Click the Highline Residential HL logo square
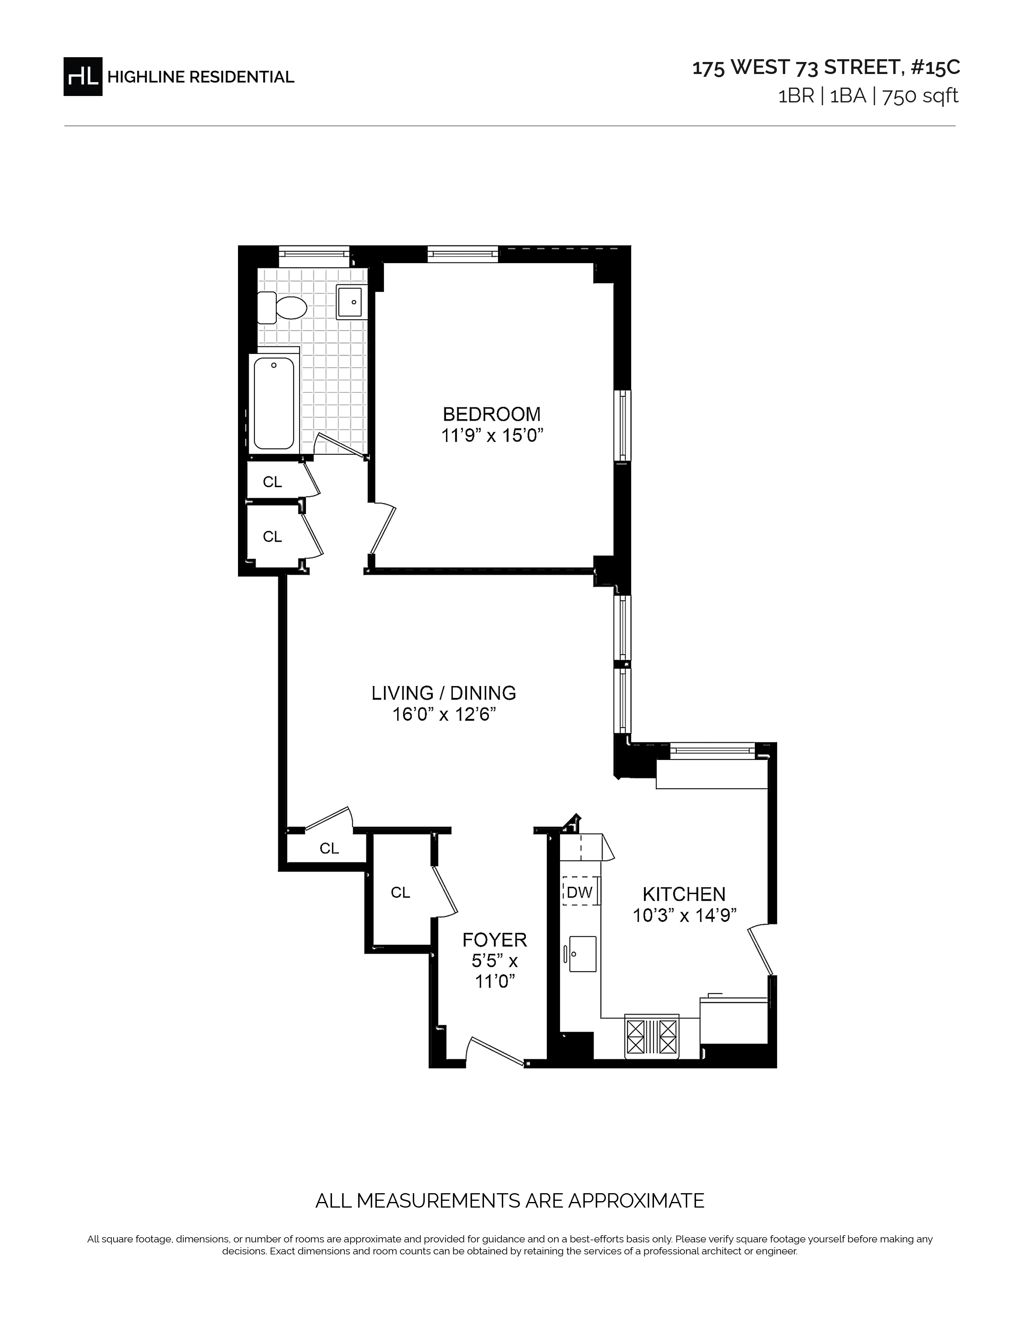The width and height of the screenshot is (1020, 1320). [83, 77]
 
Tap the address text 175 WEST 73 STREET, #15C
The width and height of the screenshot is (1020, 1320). [826, 68]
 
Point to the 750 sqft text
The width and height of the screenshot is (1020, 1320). [920, 96]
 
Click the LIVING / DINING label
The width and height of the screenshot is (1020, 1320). [444, 693]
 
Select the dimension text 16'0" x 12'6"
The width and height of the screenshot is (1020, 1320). [444, 714]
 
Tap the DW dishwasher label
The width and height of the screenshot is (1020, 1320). [580, 892]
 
